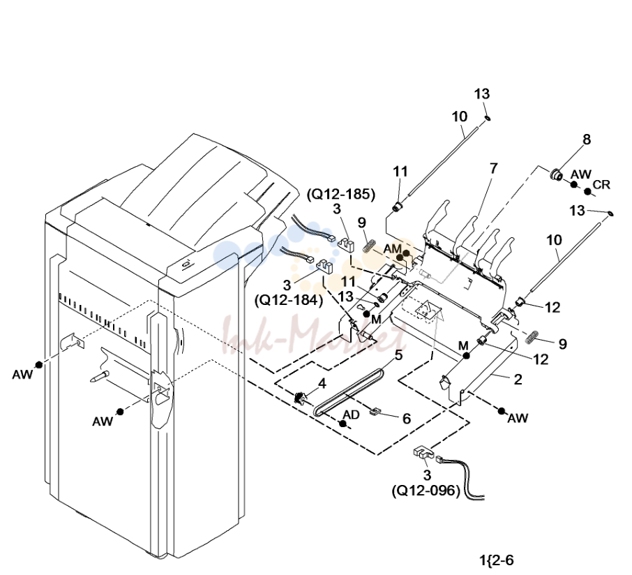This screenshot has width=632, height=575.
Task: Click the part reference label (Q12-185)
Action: click(341, 195)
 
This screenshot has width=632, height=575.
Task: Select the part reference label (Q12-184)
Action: click(289, 300)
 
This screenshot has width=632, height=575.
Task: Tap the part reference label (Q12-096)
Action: click(426, 491)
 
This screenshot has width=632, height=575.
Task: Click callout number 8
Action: click(587, 140)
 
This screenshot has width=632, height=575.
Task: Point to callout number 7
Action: click(494, 169)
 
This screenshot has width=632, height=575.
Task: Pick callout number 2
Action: click(518, 380)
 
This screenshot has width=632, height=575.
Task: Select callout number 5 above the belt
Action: click(398, 356)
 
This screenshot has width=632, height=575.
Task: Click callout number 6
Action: click(406, 419)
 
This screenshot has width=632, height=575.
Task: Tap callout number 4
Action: click(322, 384)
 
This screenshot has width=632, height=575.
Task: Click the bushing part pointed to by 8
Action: click(557, 174)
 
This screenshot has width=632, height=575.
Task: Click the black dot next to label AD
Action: click(343, 424)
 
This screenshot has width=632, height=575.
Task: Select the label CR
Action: click(601, 185)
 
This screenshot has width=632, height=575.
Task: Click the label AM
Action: click(392, 249)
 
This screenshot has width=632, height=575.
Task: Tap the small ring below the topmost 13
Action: click(487, 118)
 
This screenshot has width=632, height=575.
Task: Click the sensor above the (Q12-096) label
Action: click(423, 453)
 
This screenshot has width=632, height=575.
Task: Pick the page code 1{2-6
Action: click(497, 560)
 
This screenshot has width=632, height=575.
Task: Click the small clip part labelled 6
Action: click(375, 411)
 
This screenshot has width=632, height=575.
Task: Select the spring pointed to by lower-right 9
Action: click(533, 336)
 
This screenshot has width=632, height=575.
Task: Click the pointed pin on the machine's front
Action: click(100, 377)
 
